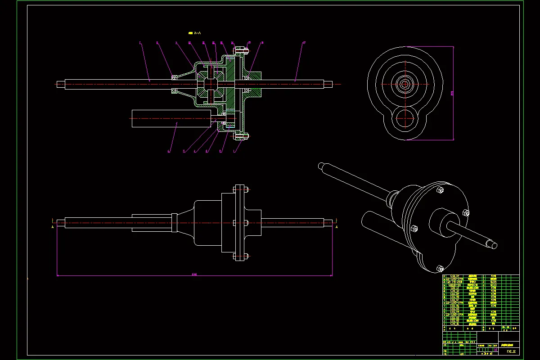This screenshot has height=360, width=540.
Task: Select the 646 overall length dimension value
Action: click(x=194, y=274)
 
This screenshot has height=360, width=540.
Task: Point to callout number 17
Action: click(x=305, y=43)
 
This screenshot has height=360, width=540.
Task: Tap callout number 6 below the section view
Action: click(x=169, y=152)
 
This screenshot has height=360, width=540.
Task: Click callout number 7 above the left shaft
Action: click(x=140, y=43)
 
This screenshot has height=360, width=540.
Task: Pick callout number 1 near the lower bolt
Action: click(x=234, y=152)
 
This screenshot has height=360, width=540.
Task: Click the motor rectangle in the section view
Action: click(x=171, y=118)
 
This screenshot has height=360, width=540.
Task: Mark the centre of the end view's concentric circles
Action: click(x=404, y=84)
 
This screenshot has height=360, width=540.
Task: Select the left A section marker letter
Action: click(x=53, y=227)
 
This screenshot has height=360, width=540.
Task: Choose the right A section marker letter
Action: click(x=336, y=227)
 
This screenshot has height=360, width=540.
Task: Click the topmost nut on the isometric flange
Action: click(x=440, y=191)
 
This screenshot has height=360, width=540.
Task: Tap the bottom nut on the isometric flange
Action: click(x=439, y=269)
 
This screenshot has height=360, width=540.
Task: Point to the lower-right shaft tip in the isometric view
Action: click(x=494, y=245)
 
